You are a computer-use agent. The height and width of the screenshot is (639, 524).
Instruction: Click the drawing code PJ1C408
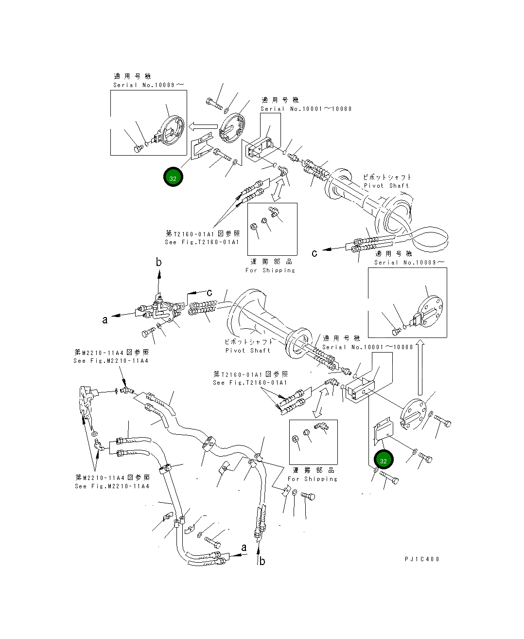[x=421, y=559]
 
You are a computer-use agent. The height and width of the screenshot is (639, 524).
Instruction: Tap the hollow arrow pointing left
[x=203, y=126]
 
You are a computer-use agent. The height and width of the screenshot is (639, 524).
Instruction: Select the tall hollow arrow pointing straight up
[x=420, y=367]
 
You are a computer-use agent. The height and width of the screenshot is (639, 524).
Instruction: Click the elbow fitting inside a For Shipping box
[x=321, y=426]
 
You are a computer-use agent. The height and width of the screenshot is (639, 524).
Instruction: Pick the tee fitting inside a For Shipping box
[x=274, y=212]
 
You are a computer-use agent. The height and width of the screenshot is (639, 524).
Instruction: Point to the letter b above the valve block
[x=159, y=262]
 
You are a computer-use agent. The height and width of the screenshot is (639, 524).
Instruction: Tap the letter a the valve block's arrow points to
[x=105, y=320]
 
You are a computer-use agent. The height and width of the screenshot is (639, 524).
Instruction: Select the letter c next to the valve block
[x=210, y=293]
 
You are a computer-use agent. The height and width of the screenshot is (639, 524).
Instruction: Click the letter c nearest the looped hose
[x=314, y=253]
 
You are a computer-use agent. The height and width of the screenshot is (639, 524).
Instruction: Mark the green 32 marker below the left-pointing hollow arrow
[x=173, y=177]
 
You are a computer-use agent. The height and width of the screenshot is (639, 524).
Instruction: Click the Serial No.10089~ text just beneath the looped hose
[x=409, y=263]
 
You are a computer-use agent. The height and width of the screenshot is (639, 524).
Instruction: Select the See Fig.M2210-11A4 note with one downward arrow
[x=111, y=361]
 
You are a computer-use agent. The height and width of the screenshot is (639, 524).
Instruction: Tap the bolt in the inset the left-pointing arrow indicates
[x=139, y=148]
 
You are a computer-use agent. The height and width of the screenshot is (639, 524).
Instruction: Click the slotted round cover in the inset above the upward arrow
[x=430, y=311]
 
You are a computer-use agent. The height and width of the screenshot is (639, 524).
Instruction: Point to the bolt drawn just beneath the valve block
[x=148, y=332]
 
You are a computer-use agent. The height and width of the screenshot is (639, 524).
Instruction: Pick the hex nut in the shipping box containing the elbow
[x=295, y=439]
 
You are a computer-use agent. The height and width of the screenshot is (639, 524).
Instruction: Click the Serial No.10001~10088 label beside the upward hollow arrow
[x=367, y=347]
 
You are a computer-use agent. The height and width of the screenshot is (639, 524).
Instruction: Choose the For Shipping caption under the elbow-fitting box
[x=313, y=479]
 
